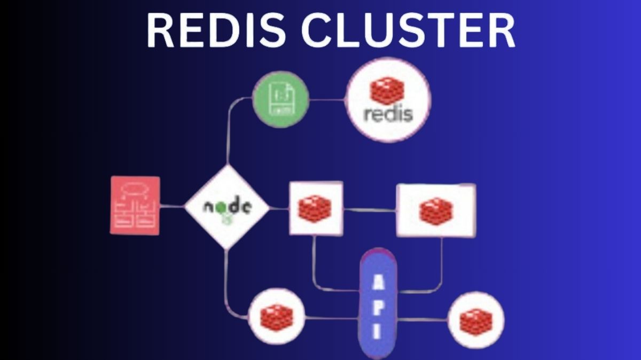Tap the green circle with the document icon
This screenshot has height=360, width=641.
coord(280,99)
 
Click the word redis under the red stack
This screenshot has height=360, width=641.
coord(388,114)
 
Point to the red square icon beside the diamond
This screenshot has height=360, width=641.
coord(135,206)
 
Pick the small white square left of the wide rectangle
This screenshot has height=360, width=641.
coord(316,208)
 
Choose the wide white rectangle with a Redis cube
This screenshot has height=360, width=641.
coord(435,210)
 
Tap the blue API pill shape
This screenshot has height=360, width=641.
coord(378,302)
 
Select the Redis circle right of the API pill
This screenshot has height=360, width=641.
coord(475,320)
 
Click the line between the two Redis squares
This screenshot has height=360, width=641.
coord(369,209)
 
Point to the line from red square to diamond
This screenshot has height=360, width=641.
coord(171,206)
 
